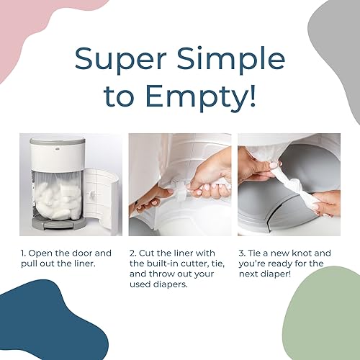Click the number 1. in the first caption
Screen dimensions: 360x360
(23, 253)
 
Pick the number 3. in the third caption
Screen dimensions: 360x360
(241, 253)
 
